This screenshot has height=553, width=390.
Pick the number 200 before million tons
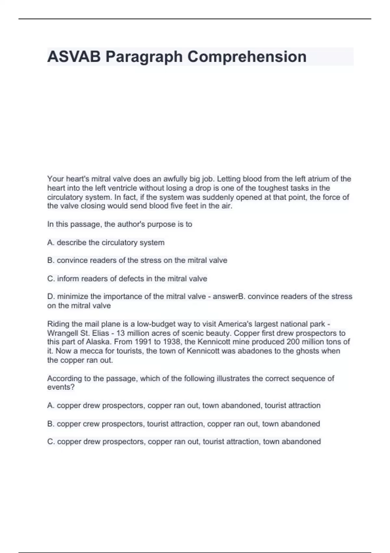pos(293,342)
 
